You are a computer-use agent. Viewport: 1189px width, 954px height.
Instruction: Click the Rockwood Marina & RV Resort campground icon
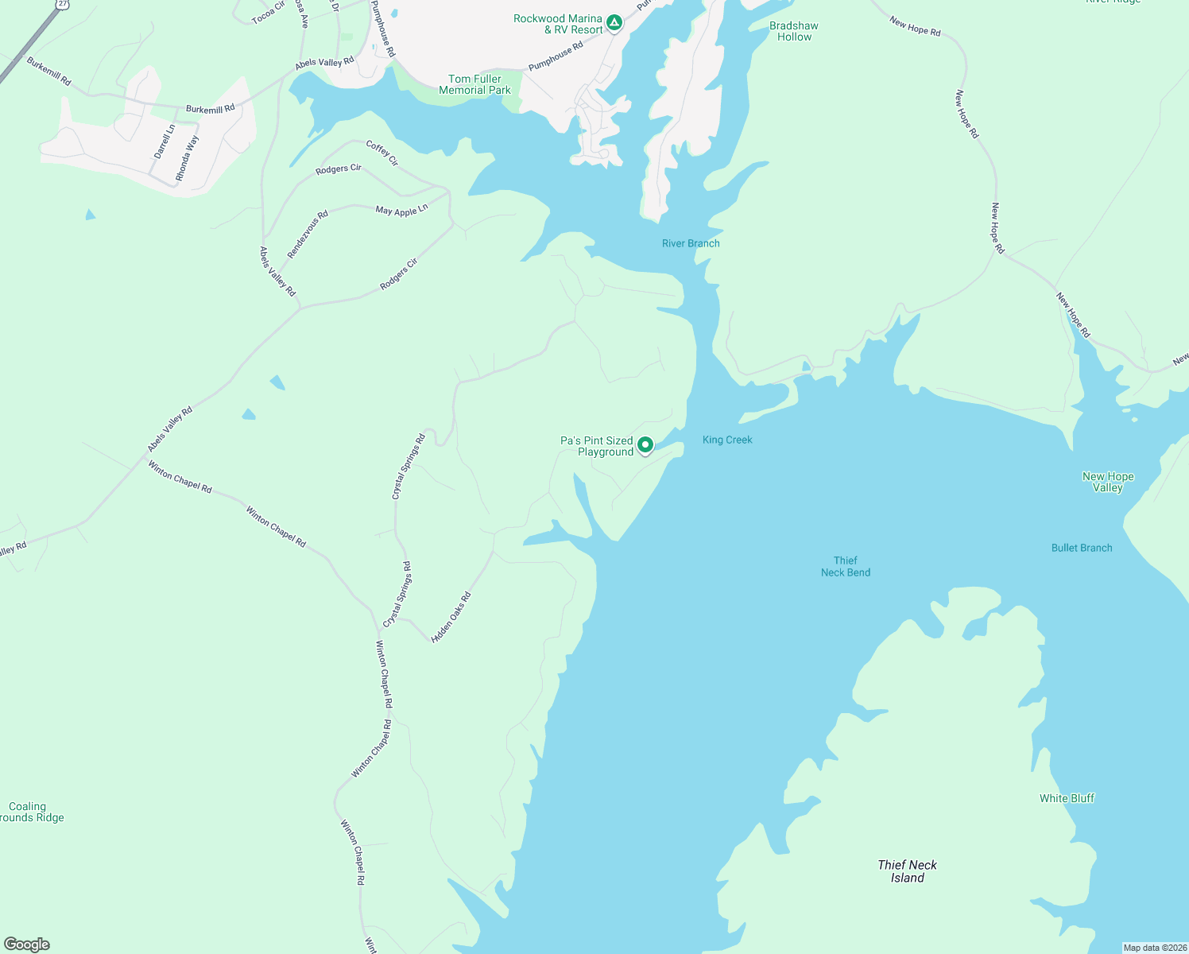pos(614,23)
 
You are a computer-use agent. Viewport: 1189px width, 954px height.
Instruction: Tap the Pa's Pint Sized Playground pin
pos(645,445)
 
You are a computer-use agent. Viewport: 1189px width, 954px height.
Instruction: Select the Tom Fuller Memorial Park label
pos(474,84)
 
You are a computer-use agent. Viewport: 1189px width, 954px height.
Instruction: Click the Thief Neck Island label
pos(907,871)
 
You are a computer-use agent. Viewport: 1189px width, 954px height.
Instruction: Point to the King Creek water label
pos(727,440)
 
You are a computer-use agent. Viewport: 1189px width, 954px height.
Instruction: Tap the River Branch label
pos(691,243)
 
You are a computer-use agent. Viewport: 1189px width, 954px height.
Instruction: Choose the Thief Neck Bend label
pos(846,566)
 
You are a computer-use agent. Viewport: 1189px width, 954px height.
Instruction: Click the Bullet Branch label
pos(1082,548)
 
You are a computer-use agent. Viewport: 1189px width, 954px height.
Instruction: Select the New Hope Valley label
pos(1108,482)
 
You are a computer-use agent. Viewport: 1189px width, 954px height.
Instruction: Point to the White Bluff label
pos(1067,798)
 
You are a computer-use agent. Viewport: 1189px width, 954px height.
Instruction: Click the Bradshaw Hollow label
pos(794,31)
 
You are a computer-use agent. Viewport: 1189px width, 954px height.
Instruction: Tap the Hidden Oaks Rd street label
pos(451,618)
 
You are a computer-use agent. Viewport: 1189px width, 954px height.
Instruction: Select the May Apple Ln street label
pos(401,210)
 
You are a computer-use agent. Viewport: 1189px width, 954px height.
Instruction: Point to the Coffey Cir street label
pos(382,153)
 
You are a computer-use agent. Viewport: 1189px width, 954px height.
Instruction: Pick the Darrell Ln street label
pos(165,142)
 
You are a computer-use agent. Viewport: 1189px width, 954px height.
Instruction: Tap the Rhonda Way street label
pos(188,158)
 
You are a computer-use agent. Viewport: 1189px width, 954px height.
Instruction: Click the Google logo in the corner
pos(27,944)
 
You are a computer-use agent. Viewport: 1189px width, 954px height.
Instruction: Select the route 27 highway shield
pos(62,4)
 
